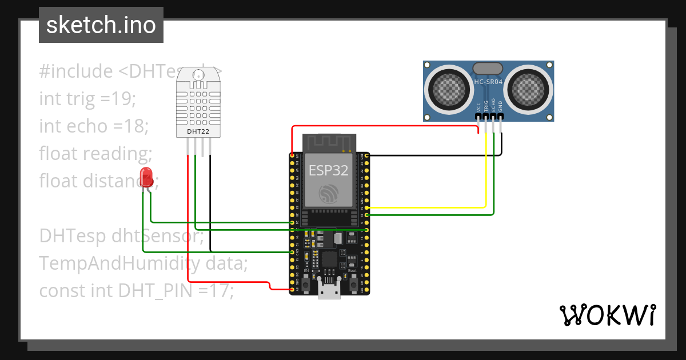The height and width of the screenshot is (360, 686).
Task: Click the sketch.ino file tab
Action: click(x=101, y=25)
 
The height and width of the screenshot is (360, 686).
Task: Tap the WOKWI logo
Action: click(x=607, y=315)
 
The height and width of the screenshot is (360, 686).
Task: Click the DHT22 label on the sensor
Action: click(x=198, y=132)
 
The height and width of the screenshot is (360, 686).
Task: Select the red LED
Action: click(x=147, y=177)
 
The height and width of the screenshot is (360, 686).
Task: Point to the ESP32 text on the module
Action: click(x=328, y=170)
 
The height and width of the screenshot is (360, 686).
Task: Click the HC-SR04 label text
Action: click(x=488, y=82)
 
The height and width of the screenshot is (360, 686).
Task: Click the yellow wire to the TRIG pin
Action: click(x=486, y=171)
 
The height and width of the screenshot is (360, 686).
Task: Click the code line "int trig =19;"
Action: click(x=87, y=99)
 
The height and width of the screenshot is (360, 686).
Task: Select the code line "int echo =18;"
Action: click(x=94, y=126)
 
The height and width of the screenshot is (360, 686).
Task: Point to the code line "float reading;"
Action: click(x=95, y=153)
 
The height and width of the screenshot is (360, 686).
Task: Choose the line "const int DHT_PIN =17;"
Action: click(x=137, y=291)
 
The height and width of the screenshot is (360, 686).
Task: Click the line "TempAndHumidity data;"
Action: click(x=143, y=263)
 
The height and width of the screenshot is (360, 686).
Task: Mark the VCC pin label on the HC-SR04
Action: click(x=478, y=106)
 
